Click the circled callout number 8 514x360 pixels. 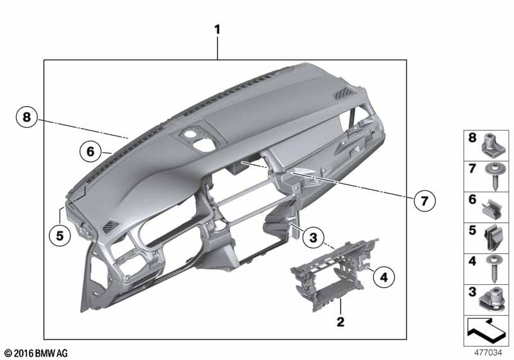point(27,117)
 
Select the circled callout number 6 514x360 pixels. point(91,152)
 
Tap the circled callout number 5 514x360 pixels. point(60,235)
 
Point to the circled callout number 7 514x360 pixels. point(425,201)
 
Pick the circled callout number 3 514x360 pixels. point(314,237)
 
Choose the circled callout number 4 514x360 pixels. point(384,277)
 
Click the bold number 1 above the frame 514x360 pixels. point(217,30)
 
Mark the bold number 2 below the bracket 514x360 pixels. point(341,321)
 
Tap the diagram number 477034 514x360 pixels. point(488,352)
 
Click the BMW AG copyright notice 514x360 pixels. point(36,353)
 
